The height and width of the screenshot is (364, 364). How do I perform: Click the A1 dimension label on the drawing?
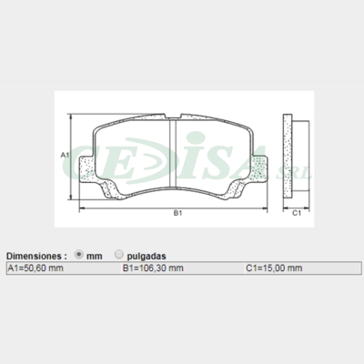point(65,157)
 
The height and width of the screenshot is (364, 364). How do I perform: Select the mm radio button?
point(78,256)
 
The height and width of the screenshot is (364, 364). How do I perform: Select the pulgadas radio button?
point(118,256)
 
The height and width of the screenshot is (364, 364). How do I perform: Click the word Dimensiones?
point(36,257)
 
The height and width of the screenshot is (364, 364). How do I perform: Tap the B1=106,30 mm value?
point(153,268)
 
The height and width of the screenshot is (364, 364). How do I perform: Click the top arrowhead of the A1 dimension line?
point(74,120)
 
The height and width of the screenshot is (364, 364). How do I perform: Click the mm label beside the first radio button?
point(94,257)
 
